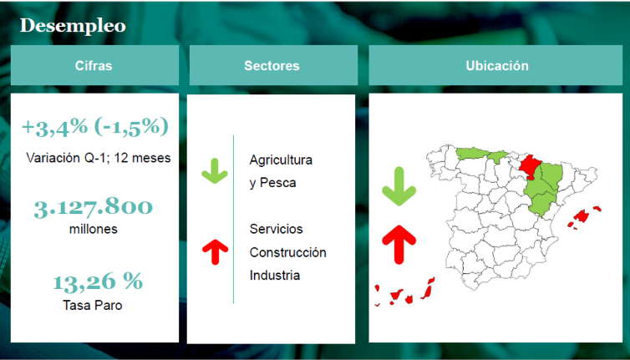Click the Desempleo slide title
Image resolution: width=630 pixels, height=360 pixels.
(73, 26)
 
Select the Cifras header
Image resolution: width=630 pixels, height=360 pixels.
(94, 65)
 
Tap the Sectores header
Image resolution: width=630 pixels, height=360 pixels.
(272, 65)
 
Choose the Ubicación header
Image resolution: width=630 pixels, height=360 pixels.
(497, 65)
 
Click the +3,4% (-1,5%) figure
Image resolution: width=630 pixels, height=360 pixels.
(95, 127)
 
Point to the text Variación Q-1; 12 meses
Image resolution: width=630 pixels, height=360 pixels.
(99, 158)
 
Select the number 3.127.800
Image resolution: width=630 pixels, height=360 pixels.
(94, 208)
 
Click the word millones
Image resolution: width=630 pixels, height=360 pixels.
(94, 229)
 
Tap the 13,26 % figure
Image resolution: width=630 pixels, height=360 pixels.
(98, 281)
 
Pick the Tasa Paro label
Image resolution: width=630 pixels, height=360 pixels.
(93, 306)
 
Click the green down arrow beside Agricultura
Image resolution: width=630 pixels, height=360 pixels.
(215, 171)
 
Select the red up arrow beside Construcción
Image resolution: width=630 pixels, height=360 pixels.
(216, 252)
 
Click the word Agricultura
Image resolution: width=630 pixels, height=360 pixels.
(281, 160)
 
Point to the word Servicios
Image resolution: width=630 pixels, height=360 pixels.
(276, 229)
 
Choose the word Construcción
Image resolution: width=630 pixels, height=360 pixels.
(287, 252)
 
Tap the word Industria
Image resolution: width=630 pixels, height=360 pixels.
(275, 276)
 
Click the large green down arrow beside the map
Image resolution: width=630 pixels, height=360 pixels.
(399, 186)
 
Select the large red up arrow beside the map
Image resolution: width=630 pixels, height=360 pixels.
(399, 244)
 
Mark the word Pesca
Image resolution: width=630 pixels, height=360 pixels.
(278, 183)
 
